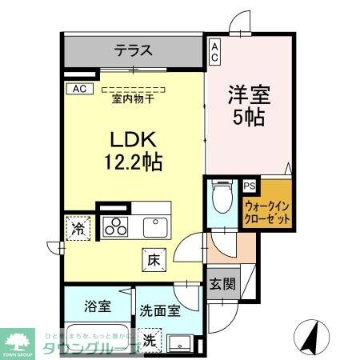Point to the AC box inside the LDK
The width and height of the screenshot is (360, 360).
click(x=78, y=89)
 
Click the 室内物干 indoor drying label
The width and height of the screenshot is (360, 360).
click(x=132, y=99)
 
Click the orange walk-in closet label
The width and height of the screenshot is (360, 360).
click(x=266, y=211)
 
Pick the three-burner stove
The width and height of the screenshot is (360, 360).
click(x=114, y=226)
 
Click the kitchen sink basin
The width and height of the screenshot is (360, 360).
click(x=156, y=226)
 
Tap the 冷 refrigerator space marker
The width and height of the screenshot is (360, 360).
click(x=78, y=229)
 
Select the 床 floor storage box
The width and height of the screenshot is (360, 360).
click(x=154, y=259)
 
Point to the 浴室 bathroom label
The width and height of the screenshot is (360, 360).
click(x=97, y=305)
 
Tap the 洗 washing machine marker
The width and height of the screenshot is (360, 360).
click(x=148, y=338)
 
